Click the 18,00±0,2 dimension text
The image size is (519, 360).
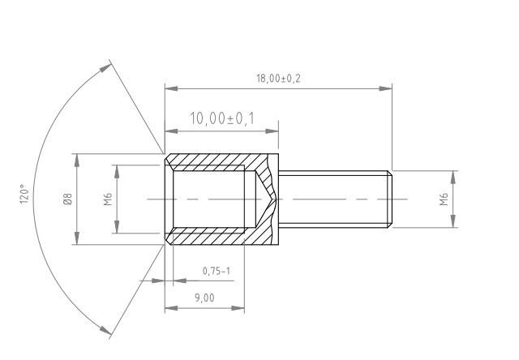pos(278,79)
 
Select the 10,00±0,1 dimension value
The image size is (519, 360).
pos(221,119)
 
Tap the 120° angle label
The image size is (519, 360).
pos(25,195)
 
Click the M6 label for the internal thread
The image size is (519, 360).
pos(108,199)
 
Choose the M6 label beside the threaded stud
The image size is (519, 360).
pos(444,199)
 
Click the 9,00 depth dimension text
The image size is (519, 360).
pos(204,298)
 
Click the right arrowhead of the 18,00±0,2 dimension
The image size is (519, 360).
pos(387,88)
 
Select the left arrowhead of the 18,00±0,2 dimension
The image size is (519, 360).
pos(169,88)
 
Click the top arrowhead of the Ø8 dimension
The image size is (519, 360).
pos(78,159)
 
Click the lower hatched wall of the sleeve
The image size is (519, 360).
pos(215,237)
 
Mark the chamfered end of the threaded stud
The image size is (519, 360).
pos(389,199)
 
